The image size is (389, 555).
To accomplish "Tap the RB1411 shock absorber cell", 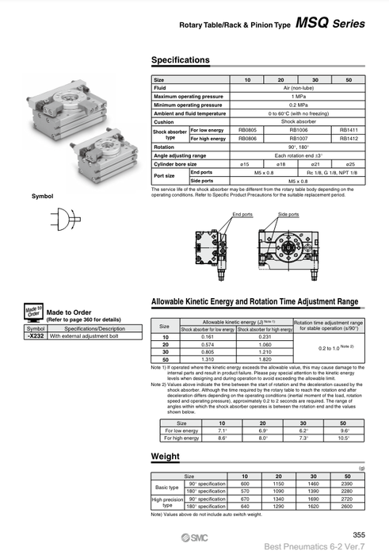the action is (x=348, y=129).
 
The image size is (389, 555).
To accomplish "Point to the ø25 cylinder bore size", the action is (x=348, y=162).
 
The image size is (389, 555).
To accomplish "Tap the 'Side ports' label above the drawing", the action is (x=288, y=214).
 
